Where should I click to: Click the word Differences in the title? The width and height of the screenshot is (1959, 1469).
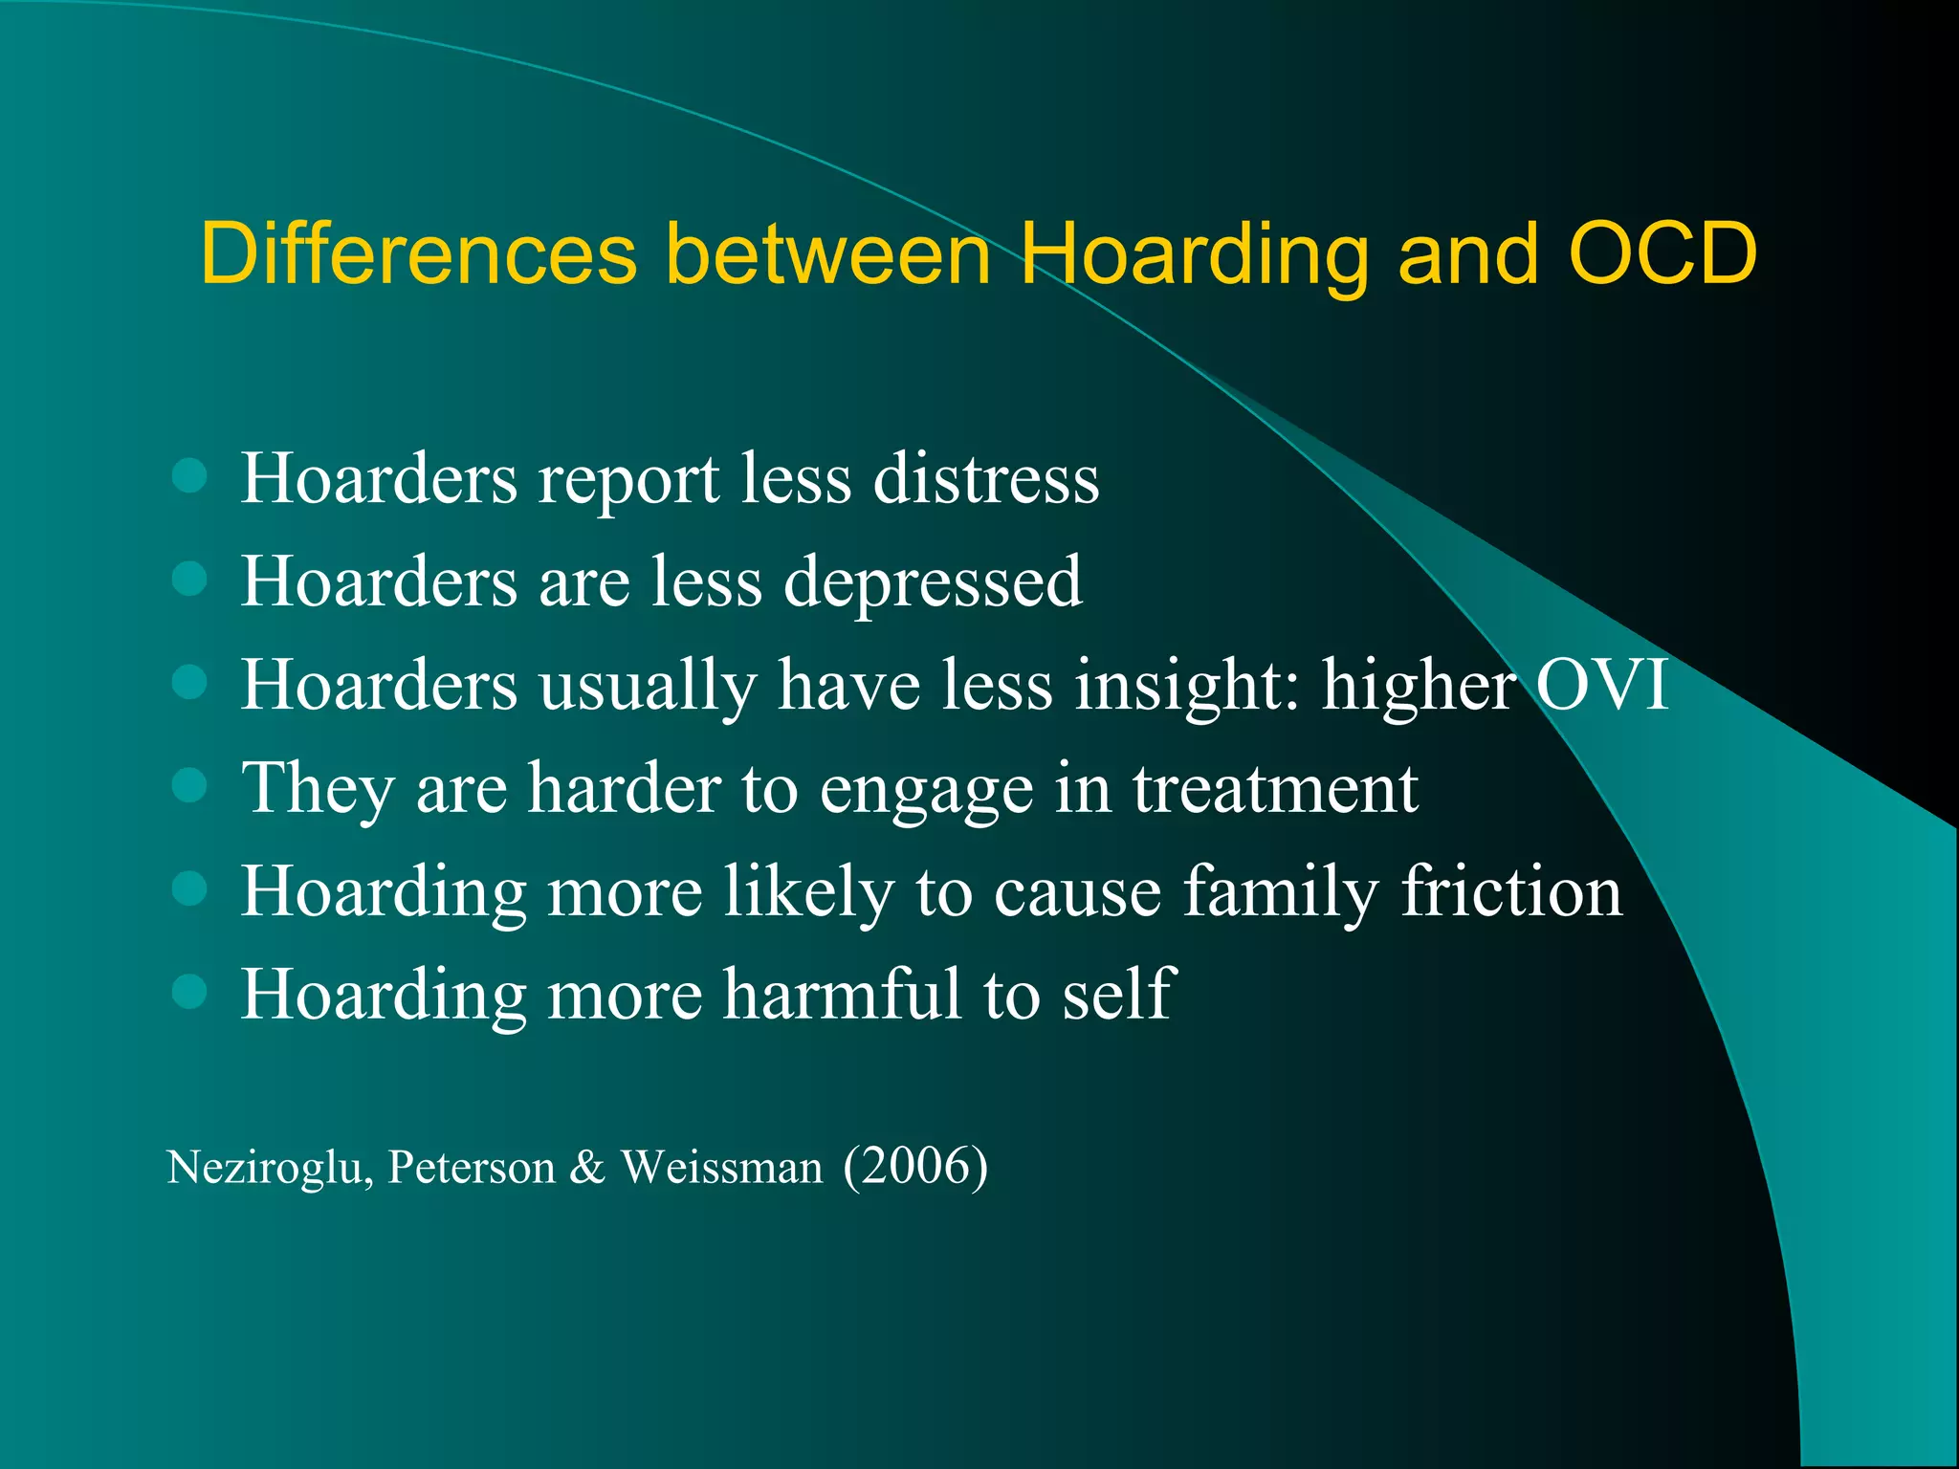pyautogui.click(x=418, y=253)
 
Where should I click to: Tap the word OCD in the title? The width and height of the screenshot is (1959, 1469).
pyautogui.click(x=1662, y=253)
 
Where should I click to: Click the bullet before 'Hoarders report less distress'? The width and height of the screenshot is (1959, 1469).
pyautogui.click(x=190, y=475)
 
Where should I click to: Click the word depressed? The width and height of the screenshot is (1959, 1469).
pyautogui.click(x=933, y=583)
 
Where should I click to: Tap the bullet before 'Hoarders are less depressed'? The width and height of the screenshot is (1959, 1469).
pyautogui.click(x=190, y=579)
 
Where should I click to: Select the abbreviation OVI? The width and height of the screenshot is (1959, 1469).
pyautogui.click(x=1602, y=684)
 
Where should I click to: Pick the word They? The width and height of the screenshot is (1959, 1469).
pyautogui.click(x=317, y=789)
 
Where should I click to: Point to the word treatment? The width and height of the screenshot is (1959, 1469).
pyautogui.click(x=1275, y=789)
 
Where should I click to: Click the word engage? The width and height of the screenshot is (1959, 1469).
pyautogui.click(x=926, y=792)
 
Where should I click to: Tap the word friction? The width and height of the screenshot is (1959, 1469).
pyautogui.click(x=1511, y=891)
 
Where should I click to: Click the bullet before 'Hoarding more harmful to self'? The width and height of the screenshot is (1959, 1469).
pyautogui.click(x=190, y=992)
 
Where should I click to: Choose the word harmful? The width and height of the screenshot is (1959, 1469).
pyautogui.click(x=842, y=995)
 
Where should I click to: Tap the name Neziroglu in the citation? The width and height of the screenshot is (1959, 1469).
pyautogui.click(x=269, y=1168)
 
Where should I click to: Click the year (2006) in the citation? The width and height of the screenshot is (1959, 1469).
pyautogui.click(x=915, y=1167)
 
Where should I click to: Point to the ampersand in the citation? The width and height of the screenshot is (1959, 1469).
pyautogui.click(x=587, y=1168)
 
